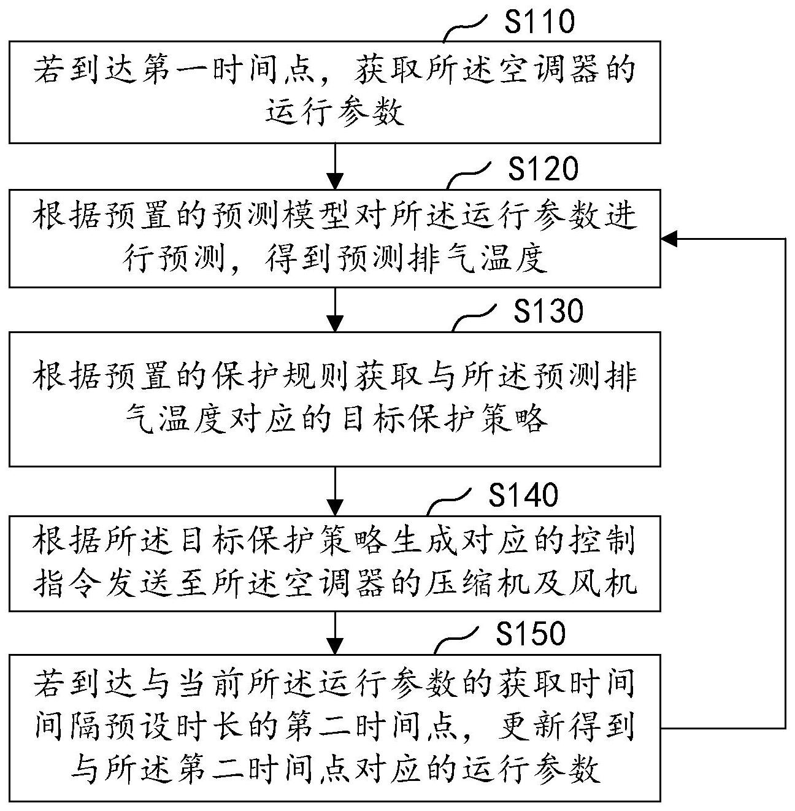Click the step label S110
[540, 22]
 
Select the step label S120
[543, 169]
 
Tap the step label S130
[548, 311]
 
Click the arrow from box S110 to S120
[335, 166]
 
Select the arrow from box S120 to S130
[335, 309]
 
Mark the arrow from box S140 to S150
[335, 632]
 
